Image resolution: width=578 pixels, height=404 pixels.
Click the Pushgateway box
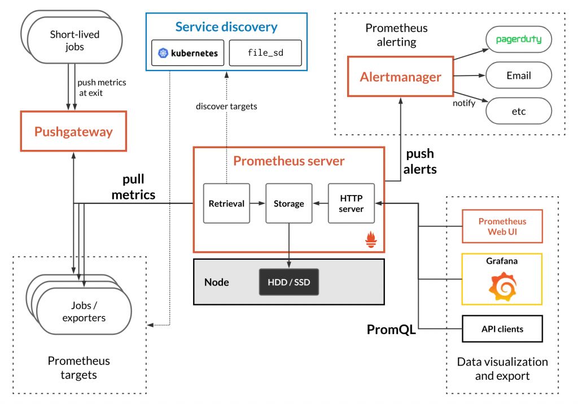(73, 132)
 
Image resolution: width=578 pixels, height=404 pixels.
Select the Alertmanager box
(400, 77)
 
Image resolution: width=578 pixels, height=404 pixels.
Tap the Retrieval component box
(226, 203)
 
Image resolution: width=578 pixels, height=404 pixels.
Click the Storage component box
(288, 203)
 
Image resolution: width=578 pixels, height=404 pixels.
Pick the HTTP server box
(351, 203)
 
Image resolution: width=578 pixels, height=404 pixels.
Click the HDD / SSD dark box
(288, 282)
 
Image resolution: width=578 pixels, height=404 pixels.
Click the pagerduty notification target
(518, 40)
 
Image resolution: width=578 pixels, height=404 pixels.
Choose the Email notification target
(518, 76)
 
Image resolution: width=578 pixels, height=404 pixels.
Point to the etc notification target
(518, 111)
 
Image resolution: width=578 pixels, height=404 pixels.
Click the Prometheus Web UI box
(502, 226)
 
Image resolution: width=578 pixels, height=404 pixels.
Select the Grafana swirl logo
(502, 286)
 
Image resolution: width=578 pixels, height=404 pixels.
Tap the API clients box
(502, 329)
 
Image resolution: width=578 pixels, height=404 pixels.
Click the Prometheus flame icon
(371, 241)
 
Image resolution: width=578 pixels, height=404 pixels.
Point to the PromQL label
(391, 330)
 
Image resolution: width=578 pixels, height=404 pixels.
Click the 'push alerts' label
(421, 161)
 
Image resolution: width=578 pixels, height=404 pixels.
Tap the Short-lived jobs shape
(73, 39)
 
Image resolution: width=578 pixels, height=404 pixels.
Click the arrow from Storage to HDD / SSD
(288, 242)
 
